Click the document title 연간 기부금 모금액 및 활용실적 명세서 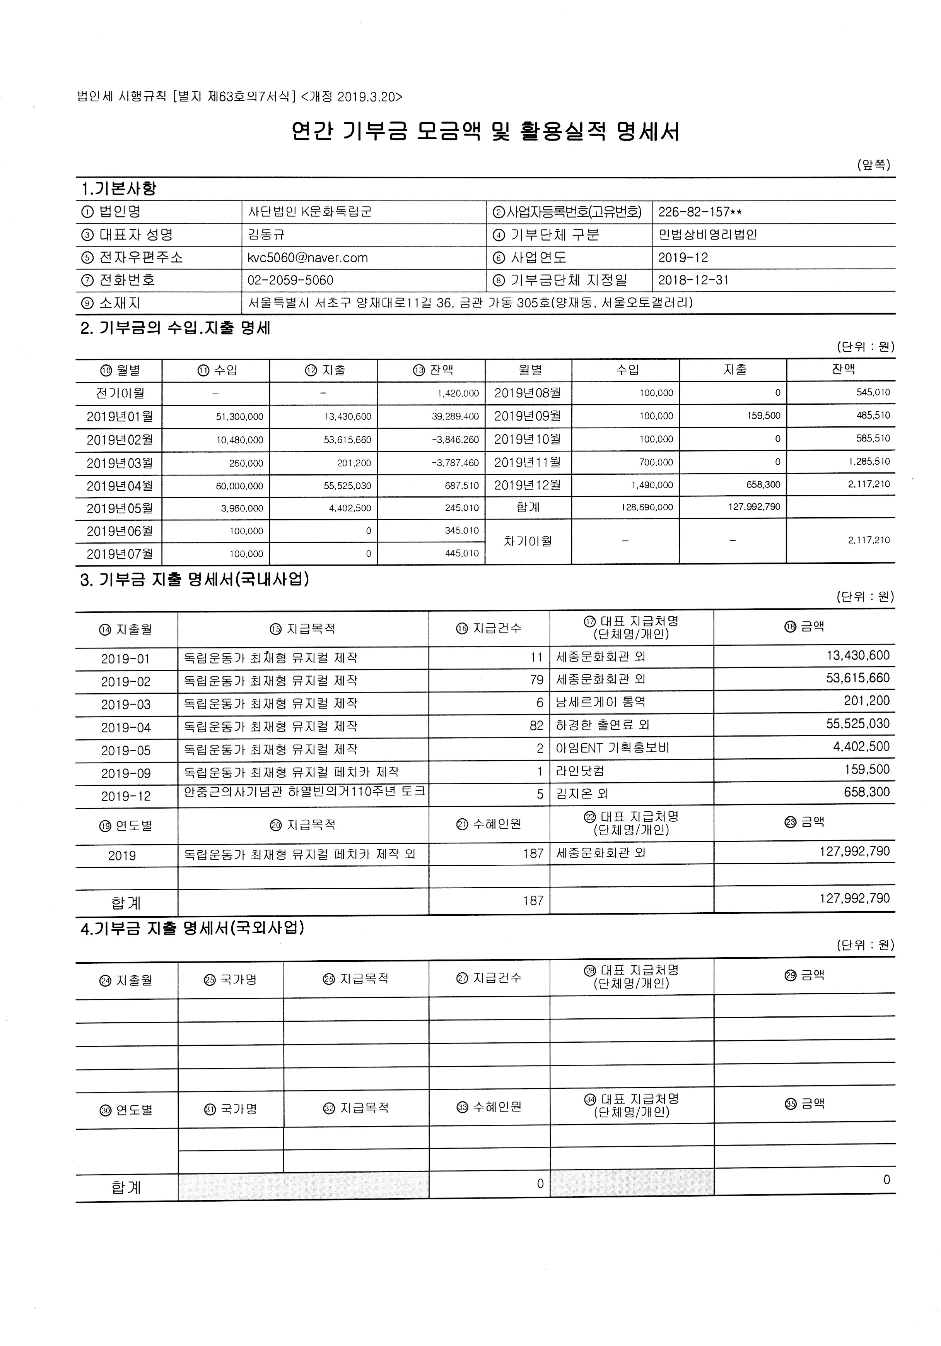point(485,132)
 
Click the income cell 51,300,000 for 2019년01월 point(240,417)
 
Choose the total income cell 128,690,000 point(647,508)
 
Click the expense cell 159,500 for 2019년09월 point(763,416)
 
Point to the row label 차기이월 point(528,542)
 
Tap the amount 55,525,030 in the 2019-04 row point(857,724)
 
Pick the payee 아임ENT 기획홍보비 point(612,748)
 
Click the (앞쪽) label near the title point(873,165)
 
